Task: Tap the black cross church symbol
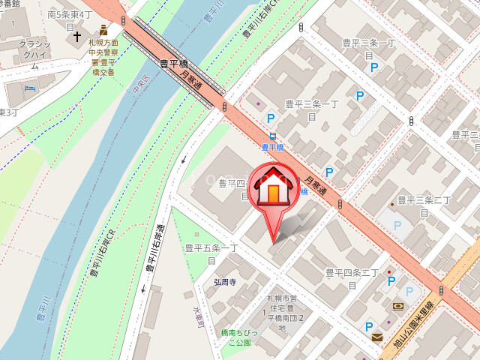pos(76,36)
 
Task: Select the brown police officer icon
pos(103,30)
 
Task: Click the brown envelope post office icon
pos(376,337)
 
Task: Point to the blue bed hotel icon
pos(30,88)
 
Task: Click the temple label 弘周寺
pos(224,282)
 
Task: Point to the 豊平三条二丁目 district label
pos(424,206)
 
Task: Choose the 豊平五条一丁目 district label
pos(211,253)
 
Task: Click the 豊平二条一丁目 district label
pos(368,49)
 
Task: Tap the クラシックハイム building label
pos(34,55)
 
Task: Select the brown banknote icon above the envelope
pos(397,306)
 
